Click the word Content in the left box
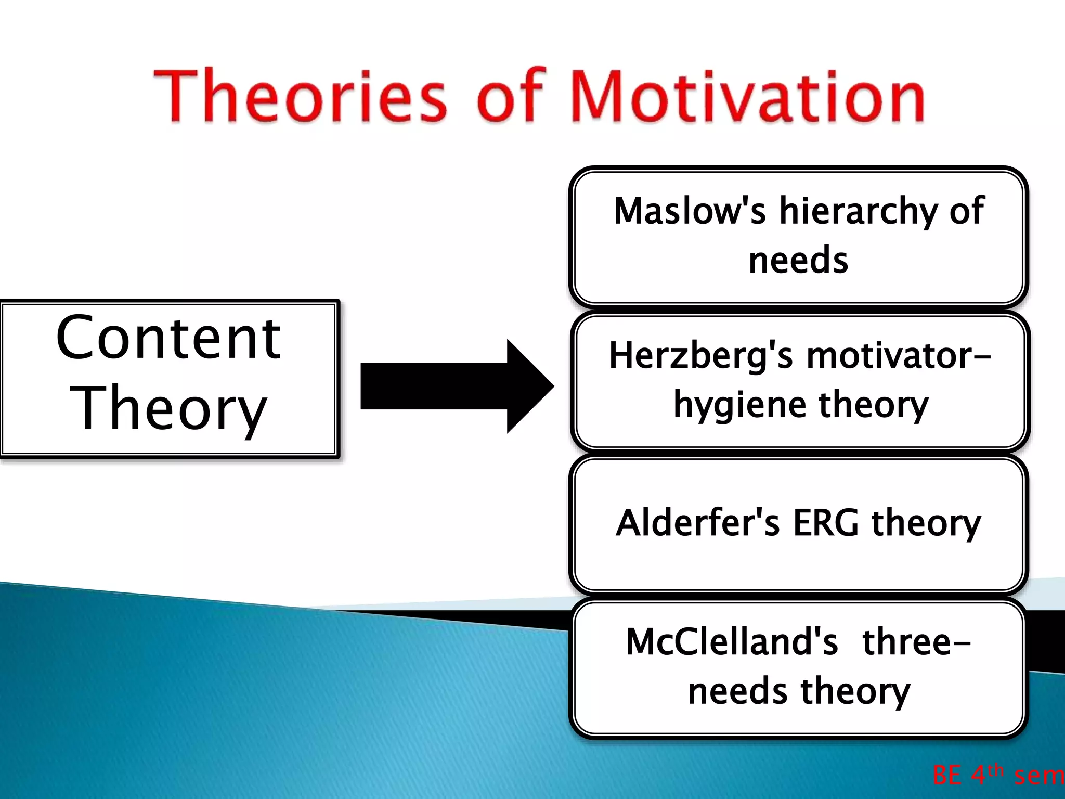click(168, 339)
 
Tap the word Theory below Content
click(168, 409)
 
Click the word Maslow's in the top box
click(690, 211)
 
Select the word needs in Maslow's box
click(798, 260)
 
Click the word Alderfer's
click(697, 523)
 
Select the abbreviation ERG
click(825, 523)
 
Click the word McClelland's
click(732, 641)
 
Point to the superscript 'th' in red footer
click(995, 769)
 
